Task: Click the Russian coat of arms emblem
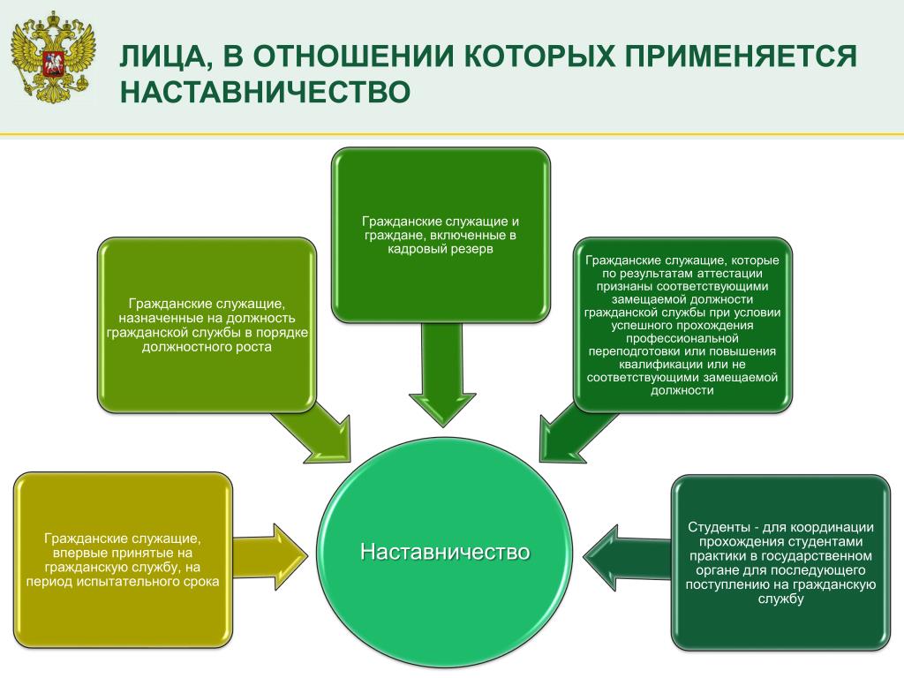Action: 52,57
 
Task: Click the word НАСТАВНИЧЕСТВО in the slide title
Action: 265,92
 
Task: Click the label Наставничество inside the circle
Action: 445,552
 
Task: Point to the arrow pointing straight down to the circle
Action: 443,373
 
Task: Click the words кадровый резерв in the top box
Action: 441,249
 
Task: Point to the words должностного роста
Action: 207,347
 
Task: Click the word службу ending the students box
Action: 780,599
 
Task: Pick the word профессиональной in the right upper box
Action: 682,338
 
